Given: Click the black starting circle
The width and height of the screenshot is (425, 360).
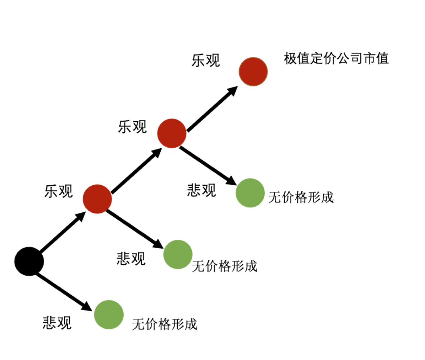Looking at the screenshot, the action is coord(29,261).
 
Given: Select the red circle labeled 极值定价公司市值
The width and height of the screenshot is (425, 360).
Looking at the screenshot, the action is coord(253,72).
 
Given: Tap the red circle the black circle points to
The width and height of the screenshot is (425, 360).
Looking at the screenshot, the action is coord(97,199).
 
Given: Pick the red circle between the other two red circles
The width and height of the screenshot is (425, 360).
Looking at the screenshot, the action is coord(172,133).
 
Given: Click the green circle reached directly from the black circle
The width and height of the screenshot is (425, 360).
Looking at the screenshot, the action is coord(109,315).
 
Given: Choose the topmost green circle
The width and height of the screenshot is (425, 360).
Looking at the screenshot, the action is coord(250,193).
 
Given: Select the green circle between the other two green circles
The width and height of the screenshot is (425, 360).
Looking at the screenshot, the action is coord(178,254).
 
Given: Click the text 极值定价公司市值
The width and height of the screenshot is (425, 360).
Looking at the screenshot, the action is coord(336,59).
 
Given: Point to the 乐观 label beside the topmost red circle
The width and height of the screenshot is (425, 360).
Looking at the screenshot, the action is coord(206,60).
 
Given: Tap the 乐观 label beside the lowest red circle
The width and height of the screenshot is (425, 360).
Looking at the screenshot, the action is coord(59,191).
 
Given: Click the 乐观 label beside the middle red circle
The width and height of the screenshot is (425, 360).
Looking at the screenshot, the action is coord(132,127).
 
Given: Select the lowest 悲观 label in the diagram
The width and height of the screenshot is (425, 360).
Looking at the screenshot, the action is coord(57,323).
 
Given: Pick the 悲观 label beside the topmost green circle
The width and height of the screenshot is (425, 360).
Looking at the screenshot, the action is coord(201,190).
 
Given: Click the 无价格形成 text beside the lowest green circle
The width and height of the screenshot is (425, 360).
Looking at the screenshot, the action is coord(164,324).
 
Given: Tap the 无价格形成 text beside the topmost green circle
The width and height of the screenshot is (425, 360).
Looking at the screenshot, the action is coord(301,197).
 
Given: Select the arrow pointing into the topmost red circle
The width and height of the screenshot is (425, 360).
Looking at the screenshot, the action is coord(212,108).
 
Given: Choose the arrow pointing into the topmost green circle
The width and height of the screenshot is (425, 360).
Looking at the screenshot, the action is coord(208,165).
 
